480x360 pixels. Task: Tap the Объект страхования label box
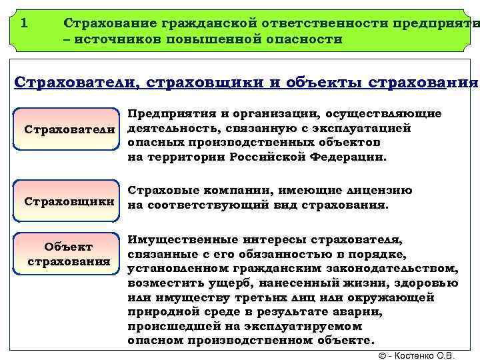tap(69, 253)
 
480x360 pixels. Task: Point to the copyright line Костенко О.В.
tap(416, 355)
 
